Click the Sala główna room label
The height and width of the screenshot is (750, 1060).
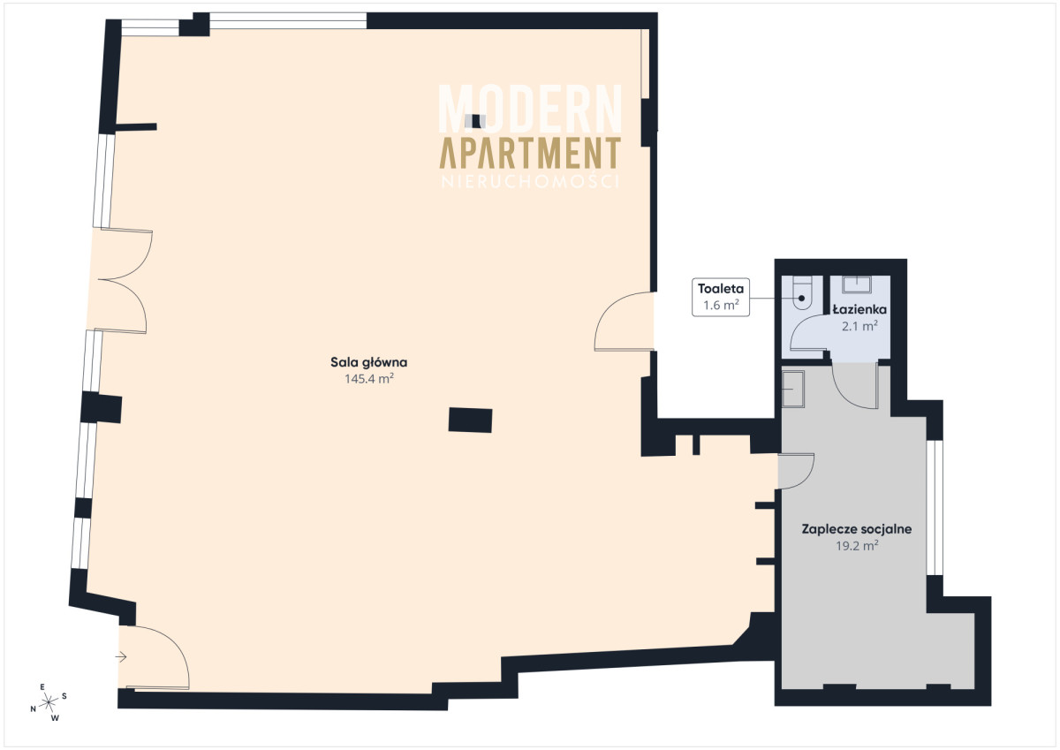coord(368,363)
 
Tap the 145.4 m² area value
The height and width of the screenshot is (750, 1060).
coord(369,379)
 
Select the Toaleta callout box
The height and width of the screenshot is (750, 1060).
coord(721,297)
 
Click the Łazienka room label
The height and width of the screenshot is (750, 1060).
coord(859,309)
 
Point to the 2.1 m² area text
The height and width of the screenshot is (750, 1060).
coord(859,326)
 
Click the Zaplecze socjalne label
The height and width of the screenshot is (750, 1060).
coord(857,529)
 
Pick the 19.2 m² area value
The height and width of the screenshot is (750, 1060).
coord(857,546)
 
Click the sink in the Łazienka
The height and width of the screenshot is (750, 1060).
coord(857,284)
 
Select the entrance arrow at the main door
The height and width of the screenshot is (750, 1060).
coord(121,656)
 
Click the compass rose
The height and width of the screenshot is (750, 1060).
coord(49,702)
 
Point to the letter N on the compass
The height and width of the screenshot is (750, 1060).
coord(34,708)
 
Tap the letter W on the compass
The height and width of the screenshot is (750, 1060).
coord(55,718)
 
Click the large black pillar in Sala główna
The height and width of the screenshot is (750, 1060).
coord(470,420)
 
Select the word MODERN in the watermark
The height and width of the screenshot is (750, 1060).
coord(530,109)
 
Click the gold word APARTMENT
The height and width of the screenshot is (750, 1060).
coord(530,153)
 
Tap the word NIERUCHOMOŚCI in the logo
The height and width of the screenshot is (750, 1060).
coord(530,182)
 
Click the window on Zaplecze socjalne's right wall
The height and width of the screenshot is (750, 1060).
coord(935,507)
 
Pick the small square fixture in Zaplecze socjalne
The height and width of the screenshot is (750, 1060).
coord(792,389)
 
